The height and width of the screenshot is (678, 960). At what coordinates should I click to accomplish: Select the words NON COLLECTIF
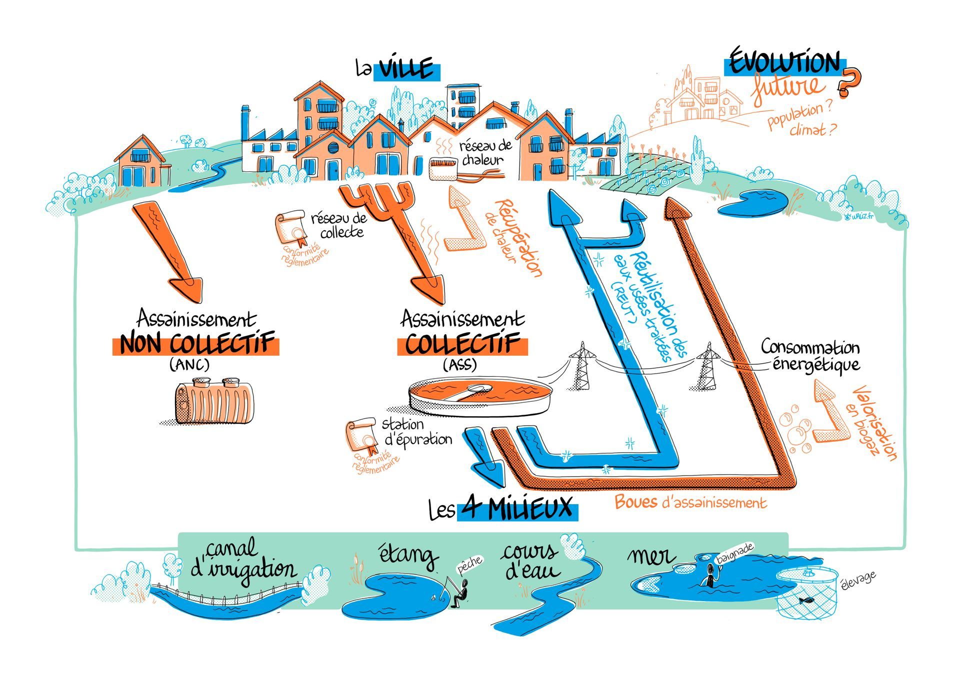(x=196, y=345)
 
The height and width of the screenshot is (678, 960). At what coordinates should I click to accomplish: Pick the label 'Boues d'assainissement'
(x=690, y=502)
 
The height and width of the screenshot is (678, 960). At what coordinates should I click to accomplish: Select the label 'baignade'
(x=734, y=554)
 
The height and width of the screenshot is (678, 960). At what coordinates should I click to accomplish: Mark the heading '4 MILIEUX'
(x=517, y=509)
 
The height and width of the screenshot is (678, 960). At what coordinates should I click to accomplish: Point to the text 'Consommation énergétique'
(x=809, y=355)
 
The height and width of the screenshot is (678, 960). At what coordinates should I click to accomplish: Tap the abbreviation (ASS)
(x=459, y=365)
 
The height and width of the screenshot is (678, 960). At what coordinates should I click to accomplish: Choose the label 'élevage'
(x=858, y=581)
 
